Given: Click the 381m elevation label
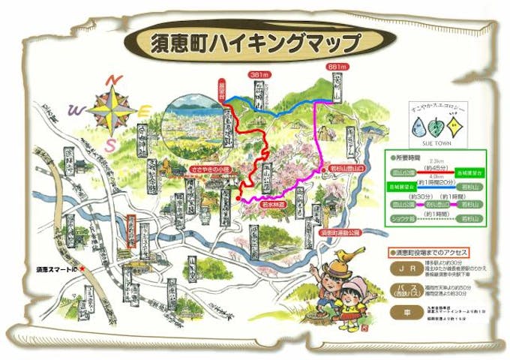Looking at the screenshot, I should tap(259, 75).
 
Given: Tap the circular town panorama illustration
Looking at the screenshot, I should tap(193, 127).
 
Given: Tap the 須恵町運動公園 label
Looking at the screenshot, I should tap(339, 233).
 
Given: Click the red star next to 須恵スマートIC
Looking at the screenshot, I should tap(83, 267).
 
